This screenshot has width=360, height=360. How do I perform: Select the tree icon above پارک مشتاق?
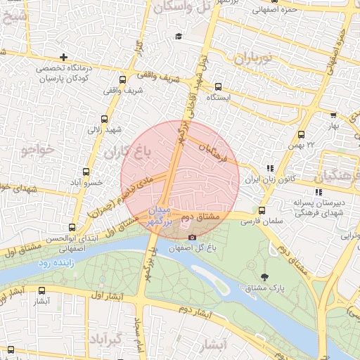(x=264, y=277)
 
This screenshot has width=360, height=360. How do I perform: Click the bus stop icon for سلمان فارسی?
(x=262, y=210)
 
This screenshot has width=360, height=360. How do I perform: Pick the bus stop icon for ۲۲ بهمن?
(x=302, y=134)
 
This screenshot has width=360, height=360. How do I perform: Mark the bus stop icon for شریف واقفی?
(x=123, y=79)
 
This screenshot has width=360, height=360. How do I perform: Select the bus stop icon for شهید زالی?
(x=105, y=120)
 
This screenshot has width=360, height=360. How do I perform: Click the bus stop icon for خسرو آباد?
(x=86, y=172)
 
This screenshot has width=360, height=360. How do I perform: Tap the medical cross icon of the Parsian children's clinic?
(x=64, y=57)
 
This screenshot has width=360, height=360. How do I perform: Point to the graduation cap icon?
(x=178, y=37)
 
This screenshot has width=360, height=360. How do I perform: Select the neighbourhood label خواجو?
(x=37, y=150)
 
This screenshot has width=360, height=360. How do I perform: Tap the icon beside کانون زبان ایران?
(x=270, y=168)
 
